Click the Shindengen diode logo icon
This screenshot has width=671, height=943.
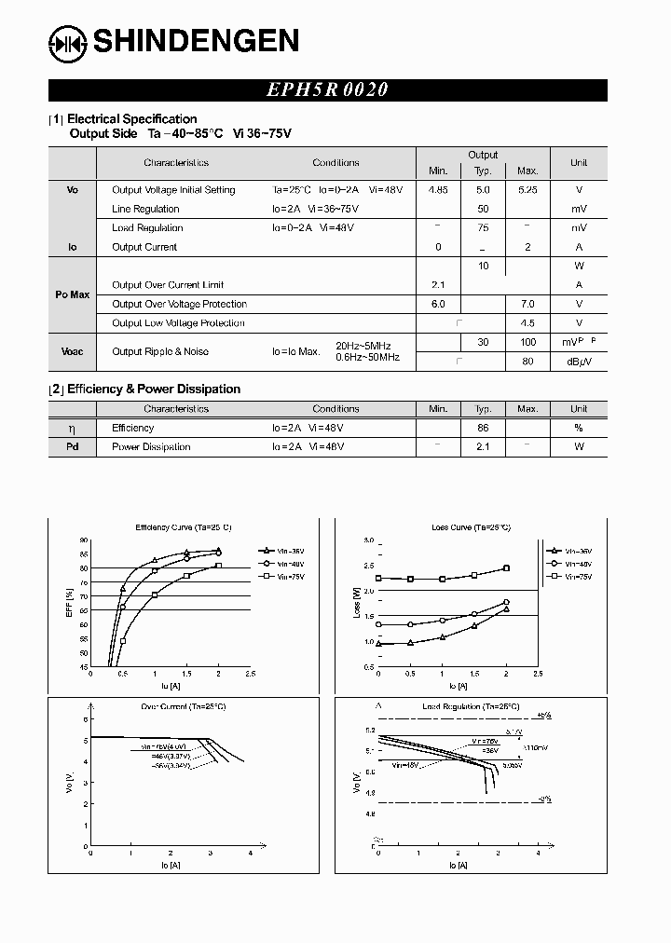pyautogui.click(x=67, y=41)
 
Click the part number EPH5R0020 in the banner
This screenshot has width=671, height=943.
pyautogui.click(x=327, y=90)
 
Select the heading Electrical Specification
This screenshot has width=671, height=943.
pyautogui.click(x=131, y=119)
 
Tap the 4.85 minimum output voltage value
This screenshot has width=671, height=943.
pyautogui.click(x=438, y=190)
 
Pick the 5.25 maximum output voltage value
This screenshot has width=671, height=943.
pyautogui.click(x=527, y=190)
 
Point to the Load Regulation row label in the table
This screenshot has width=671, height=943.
pyautogui.click(x=147, y=228)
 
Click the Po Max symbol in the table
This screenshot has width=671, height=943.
pyautogui.click(x=73, y=294)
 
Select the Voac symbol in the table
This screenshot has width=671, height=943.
pyautogui.click(x=73, y=351)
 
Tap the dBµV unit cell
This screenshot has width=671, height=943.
pyautogui.click(x=578, y=362)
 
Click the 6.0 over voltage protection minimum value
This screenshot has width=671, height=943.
pyautogui.click(x=438, y=305)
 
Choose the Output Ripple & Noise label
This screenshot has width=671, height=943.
pyautogui.click(x=160, y=351)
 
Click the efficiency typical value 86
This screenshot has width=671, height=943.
pyautogui.click(x=483, y=428)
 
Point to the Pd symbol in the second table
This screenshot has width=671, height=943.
pyautogui.click(x=73, y=447)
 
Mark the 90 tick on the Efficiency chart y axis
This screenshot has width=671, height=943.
pyautogui.click(x=83, y=540)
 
